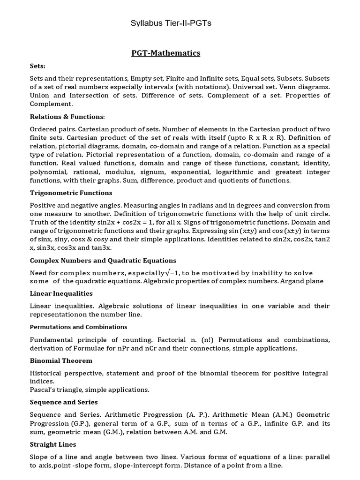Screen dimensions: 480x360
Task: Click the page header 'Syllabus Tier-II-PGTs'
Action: tap(171, 23)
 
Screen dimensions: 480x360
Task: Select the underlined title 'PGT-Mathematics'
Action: tap(165, 53)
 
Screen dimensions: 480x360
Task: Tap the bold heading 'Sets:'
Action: tap(37, 67)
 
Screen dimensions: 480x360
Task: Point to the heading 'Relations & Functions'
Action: tap(67, 116)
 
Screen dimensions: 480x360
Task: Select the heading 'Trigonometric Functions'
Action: tap(71, 193)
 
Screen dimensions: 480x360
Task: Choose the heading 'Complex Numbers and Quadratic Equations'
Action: tap(103, 260)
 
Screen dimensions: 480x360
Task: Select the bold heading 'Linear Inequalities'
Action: tap(61, 293)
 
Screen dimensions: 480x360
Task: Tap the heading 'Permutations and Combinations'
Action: tap(78, 327)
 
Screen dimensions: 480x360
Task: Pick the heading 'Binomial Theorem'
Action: tap(61, 360)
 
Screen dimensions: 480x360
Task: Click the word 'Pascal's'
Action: tap(44, 390)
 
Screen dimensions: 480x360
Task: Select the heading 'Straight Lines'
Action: tap(53, 444)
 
